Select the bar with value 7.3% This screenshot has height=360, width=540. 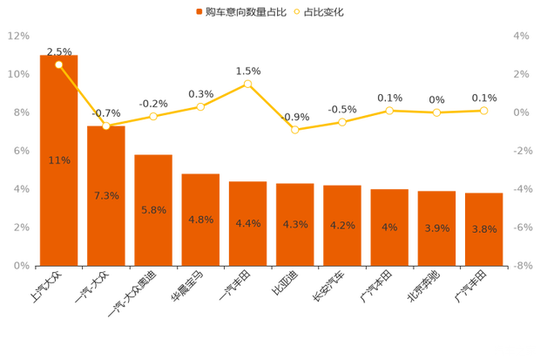[x=106, y=194]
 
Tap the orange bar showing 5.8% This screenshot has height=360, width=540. [x=153, y=209]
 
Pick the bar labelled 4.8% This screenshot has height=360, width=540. [x=200, y=218]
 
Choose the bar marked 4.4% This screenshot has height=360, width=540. [x=247, y=222]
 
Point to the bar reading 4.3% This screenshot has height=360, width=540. [x=295, y=223]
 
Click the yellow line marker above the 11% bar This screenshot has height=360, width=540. [x=59, y=65]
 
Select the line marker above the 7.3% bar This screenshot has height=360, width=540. [x=106, y=126]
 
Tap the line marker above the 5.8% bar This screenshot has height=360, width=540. [x=153, y=116]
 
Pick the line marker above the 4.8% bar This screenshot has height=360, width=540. [x=200, y=106]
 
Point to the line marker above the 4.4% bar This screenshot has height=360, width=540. [x=248, y=83]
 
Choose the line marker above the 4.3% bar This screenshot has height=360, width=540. [x=295, y=129]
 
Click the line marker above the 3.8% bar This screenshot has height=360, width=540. [x=483, y=111]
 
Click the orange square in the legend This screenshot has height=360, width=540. [x=199, y=12]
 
